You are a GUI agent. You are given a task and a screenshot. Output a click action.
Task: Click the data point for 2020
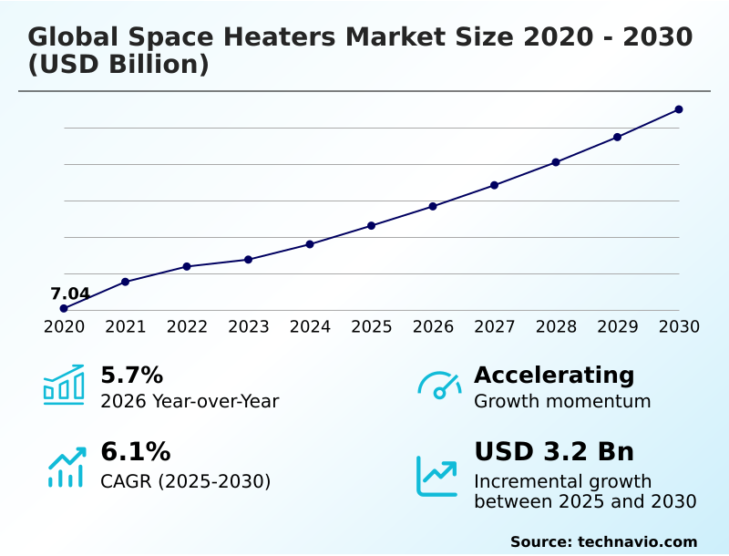tap(64, 309)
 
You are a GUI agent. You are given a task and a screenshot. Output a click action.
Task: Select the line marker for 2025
tap(372, 225)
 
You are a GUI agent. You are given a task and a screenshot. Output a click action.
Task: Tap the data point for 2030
tap(679, 109)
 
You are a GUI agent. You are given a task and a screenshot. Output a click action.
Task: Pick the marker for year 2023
tap(249, 260)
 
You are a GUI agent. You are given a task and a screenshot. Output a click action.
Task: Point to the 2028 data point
tap(556, 162)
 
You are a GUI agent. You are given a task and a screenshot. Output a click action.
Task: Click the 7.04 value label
tap(70, 293)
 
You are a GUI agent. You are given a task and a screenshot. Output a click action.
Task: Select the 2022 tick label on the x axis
tap(187, 327)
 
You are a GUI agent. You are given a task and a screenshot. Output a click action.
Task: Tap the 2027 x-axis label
tap(495, 327)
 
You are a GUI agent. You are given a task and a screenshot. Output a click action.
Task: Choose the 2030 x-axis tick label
tap(679, 327)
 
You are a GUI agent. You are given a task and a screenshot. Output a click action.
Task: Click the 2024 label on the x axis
tap(310, 327)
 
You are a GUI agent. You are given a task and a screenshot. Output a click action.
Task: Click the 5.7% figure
tap(131, 375)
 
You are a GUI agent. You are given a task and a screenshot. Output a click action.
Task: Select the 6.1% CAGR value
tap(135, 452)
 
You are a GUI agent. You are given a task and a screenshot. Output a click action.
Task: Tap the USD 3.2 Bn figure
tap(554, 452)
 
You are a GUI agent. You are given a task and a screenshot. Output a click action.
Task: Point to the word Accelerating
tap(554, 375)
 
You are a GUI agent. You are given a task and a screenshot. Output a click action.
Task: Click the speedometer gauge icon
tap(439, 386)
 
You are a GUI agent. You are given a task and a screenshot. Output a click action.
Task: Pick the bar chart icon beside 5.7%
tap(64, 385)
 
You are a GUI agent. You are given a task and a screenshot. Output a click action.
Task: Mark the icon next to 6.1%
tap(66, 468)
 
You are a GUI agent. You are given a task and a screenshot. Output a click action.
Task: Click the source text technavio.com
tap(637, 541)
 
